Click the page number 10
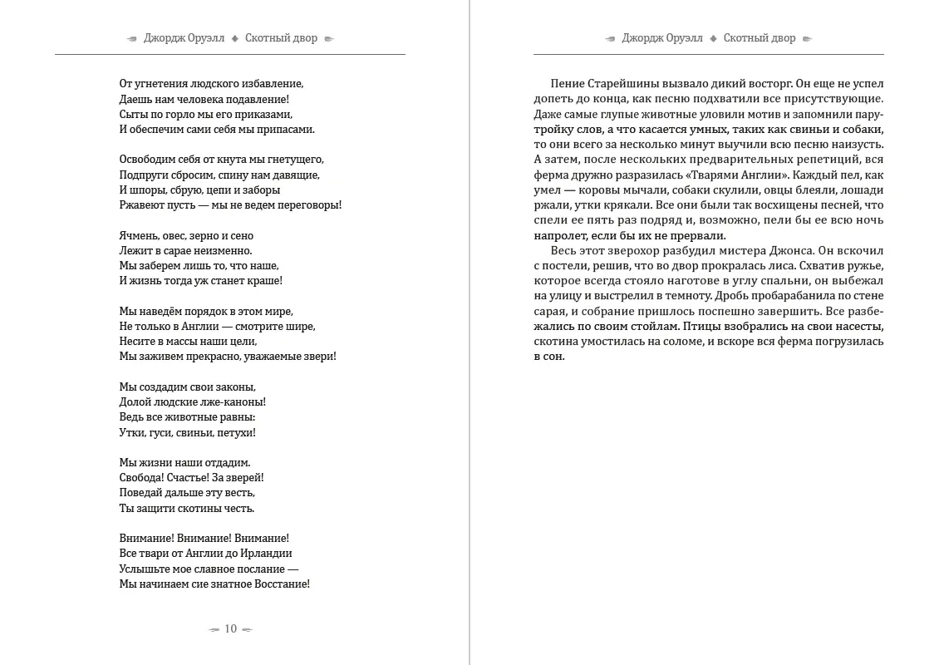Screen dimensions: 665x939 click(231, 628)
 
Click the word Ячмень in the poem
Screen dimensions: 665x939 click(139, 235)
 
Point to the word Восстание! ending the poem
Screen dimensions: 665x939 click(278, 584)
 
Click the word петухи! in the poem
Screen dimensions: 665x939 click(236, 432)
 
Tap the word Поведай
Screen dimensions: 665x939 click(143, 492)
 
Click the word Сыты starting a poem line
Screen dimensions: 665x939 click(133, 114)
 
